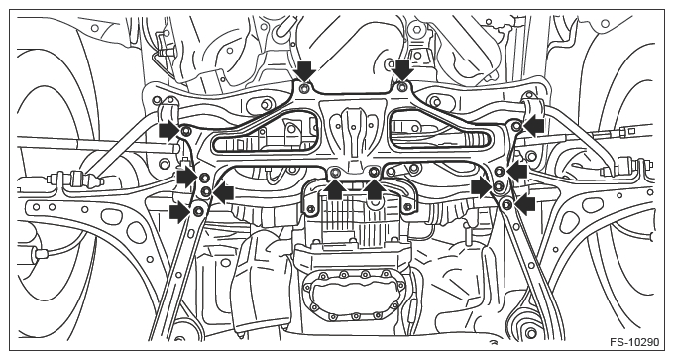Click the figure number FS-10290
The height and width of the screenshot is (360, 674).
coord(634,342)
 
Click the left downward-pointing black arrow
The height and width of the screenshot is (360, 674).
coord(305,70)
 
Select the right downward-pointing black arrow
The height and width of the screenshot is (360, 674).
coord(403,70)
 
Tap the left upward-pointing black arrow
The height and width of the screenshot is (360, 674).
coord(336,189)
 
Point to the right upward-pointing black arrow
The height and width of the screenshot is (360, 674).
coord(375,189)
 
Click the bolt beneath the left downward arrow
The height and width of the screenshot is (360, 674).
coord(305,88)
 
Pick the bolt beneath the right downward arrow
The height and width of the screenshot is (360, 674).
coord(402,87)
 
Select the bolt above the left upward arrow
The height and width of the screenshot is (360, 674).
coord(336,173)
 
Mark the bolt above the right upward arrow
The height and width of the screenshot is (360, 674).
coord(374,173)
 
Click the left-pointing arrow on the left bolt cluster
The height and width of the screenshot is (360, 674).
coord(224,193)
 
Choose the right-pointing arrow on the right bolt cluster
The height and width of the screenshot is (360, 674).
coord(482,187)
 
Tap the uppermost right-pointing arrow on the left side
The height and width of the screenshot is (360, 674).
coord(168,130)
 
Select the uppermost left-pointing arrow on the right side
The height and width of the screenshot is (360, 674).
coord(533,126)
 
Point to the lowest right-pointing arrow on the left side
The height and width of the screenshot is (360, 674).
coord(180,213)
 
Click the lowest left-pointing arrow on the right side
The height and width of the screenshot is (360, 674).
coord(525,204)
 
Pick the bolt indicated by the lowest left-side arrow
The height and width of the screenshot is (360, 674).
coord(198,211)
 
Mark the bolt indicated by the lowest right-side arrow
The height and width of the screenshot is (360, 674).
coord(507,203)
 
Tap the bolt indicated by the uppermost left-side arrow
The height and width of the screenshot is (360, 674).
coord(185,131)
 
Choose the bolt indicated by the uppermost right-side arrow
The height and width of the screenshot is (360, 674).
coord(516,126)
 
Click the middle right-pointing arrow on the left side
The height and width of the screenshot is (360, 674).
coord(188,177)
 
